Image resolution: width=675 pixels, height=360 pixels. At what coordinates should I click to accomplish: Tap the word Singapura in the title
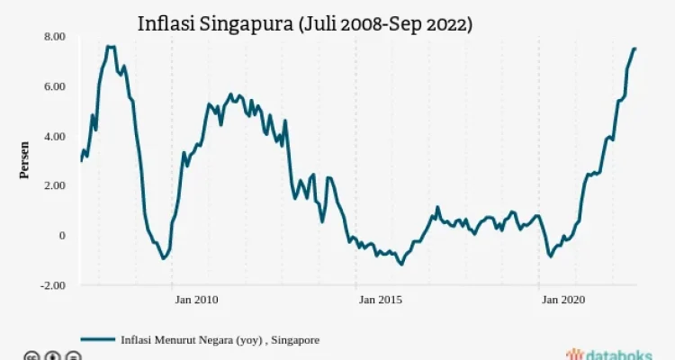pos(246,25)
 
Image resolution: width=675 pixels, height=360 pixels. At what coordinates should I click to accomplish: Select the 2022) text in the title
pos(449,24)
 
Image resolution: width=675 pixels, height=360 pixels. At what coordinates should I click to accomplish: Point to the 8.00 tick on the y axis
pos(55,37)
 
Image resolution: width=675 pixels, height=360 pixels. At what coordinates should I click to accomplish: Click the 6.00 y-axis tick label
pos(55,86)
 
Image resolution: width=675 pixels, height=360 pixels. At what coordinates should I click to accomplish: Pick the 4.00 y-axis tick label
pos(55,137)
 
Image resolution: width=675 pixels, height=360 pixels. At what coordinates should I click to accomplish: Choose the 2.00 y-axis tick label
pos(55,185)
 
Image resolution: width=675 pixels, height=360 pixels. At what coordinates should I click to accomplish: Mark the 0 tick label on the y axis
pos(62,236)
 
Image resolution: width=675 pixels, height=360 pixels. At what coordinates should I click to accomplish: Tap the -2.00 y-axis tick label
pos(52,285)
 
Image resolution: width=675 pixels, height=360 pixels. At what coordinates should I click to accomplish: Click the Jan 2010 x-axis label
pos(197,300)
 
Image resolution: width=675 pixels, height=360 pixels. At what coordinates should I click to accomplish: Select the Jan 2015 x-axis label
pos(381,300)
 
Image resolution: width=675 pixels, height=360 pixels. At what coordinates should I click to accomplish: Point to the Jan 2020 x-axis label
pos(563,300)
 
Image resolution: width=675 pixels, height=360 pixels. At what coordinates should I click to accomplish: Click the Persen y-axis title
pos(24,160)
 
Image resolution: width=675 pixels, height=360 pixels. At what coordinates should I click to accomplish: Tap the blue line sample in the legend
pos(98,340)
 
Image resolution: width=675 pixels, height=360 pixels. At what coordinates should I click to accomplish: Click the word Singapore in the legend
pos(295,340)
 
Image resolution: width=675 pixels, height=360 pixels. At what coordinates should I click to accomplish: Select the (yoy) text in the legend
pos(248,340)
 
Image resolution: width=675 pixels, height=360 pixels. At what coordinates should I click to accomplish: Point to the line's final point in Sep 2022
pos(635,49)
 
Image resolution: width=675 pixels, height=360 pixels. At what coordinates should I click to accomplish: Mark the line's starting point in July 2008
pos(81,160)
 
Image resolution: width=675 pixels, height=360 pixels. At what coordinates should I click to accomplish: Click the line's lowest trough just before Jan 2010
pos(163,258)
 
